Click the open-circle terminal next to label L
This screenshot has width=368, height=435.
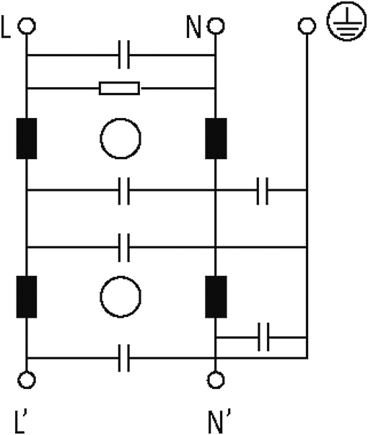tap(27, 26)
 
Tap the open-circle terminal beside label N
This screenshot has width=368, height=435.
tap(216, 26)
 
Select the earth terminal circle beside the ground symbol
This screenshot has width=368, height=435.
tap(307, 26)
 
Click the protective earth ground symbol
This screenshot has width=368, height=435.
tap(347, 22)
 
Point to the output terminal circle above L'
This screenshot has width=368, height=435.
tap(27, 380)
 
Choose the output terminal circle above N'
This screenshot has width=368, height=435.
tap(216, 380)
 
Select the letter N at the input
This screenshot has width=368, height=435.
tap(193, 27)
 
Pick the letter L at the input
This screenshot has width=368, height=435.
tap(6, 27)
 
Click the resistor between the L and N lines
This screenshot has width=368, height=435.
tap(120, 88)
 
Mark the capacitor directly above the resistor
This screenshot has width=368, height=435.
tap(123, 55)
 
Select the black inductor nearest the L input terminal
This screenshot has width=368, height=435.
tap(27, 138)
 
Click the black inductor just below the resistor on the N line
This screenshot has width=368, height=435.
tap(216, 138)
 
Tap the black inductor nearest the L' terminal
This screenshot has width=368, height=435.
tap(27, 297)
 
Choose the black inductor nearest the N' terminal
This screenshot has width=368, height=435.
tap(216, 297)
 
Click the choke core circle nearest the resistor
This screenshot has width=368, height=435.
tap(121, 138)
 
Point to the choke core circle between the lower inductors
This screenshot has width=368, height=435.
tap(121, 297)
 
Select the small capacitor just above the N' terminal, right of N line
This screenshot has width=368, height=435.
tap(263, 337)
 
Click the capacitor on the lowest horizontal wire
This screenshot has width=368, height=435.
tap(123, 358)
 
